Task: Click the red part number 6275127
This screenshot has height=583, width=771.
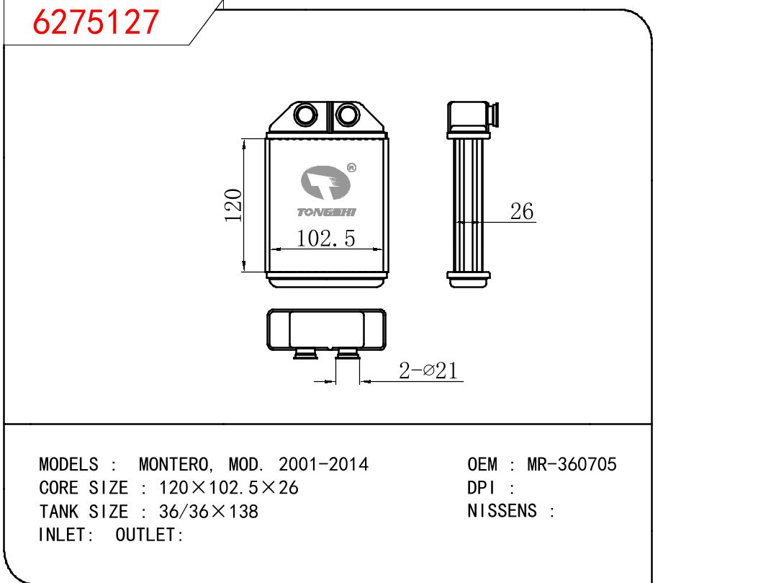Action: (x=96, y=22)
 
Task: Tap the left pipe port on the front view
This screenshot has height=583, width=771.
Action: (x=305, y=115)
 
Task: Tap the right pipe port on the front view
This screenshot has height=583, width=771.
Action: (x=348, y=115)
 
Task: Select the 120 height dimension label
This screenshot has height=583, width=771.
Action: (x=233, y=205)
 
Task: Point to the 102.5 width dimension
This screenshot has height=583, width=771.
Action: (x=325, y=239)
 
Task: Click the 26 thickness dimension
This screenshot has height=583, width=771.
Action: (x=522, y=211)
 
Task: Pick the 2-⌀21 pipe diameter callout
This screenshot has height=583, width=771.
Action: (x=428, y=370)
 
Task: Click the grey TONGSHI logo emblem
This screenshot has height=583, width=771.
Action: (x=325, y=182)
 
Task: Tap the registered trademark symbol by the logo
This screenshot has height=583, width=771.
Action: (x=351, y=168)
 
